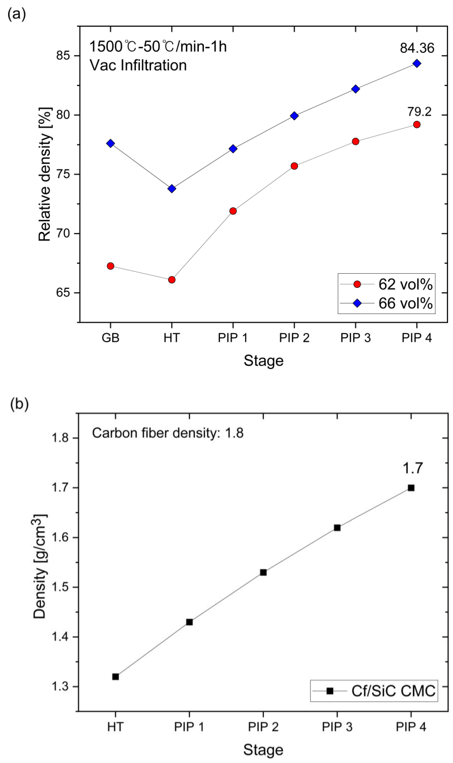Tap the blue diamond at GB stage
pyautogui.click(x=110, y=143)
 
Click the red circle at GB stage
pyautogui.click(x=110, y=266)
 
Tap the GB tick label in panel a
pyautogui.click(x=110, y=338)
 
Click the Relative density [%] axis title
pyautogui.click(x=45, y=174)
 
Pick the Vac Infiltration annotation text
pyautogui.click(x=138, y=65)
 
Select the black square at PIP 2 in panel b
pyautogui.click(x=263, y=573)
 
